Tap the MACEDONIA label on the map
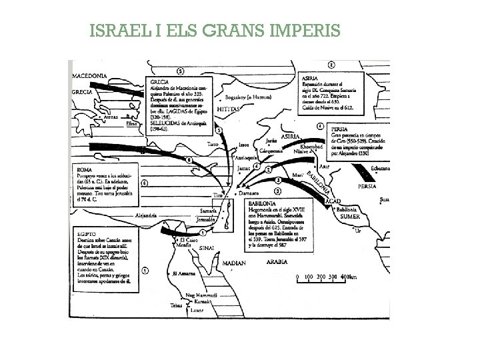tap(90, 77)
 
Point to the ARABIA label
tap(281, 263)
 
